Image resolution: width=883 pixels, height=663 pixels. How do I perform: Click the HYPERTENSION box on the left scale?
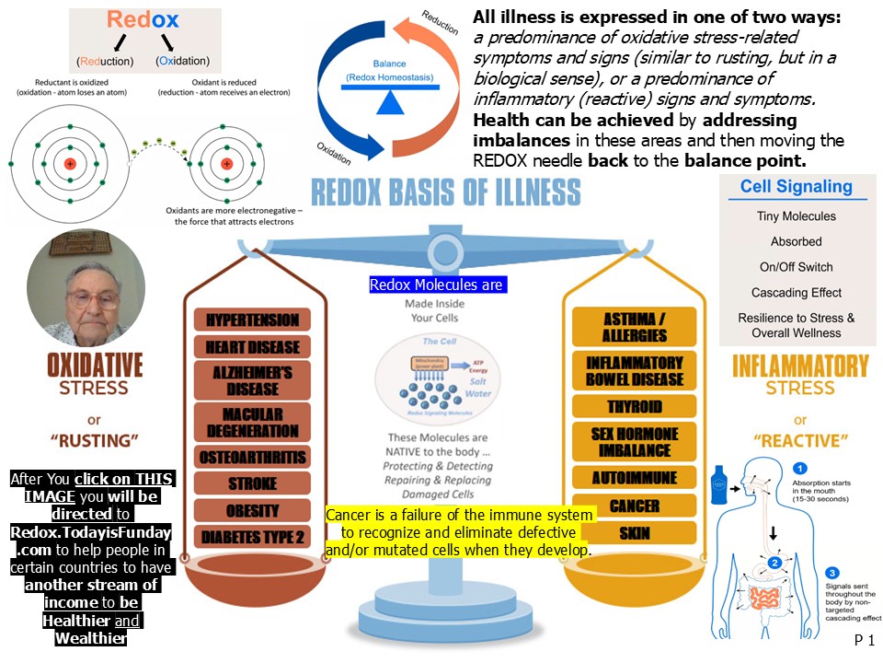click(253, 320)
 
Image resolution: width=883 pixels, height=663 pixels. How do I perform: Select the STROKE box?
click(253, 483)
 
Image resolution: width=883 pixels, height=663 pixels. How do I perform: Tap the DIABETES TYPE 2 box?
click(253, 536)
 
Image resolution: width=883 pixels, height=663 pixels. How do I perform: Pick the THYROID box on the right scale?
click(635, 406)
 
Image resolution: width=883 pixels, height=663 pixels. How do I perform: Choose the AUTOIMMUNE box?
click(635, 478)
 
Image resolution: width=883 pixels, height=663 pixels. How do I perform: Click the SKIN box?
click(635, 532)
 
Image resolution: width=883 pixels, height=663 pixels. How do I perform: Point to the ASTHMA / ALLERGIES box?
click(635, 327)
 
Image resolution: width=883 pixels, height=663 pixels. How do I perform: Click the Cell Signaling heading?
click(796, 187)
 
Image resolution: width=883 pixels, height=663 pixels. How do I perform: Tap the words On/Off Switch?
click(796, 267)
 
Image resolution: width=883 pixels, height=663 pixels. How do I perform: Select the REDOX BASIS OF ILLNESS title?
click(446, 192)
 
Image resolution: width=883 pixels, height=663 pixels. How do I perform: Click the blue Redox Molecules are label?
click(436, 285)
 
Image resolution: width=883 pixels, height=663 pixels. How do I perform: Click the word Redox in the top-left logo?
click(144, 20)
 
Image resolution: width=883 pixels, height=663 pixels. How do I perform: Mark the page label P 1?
click(863, 641)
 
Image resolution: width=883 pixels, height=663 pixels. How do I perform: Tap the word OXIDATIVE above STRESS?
click(95, 366)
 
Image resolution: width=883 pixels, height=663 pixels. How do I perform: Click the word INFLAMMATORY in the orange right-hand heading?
click(799, 366)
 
